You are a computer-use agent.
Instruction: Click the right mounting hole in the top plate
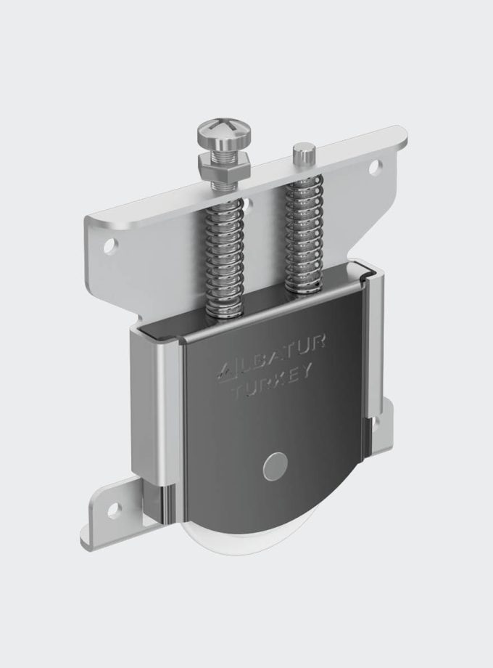point(374,168)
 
